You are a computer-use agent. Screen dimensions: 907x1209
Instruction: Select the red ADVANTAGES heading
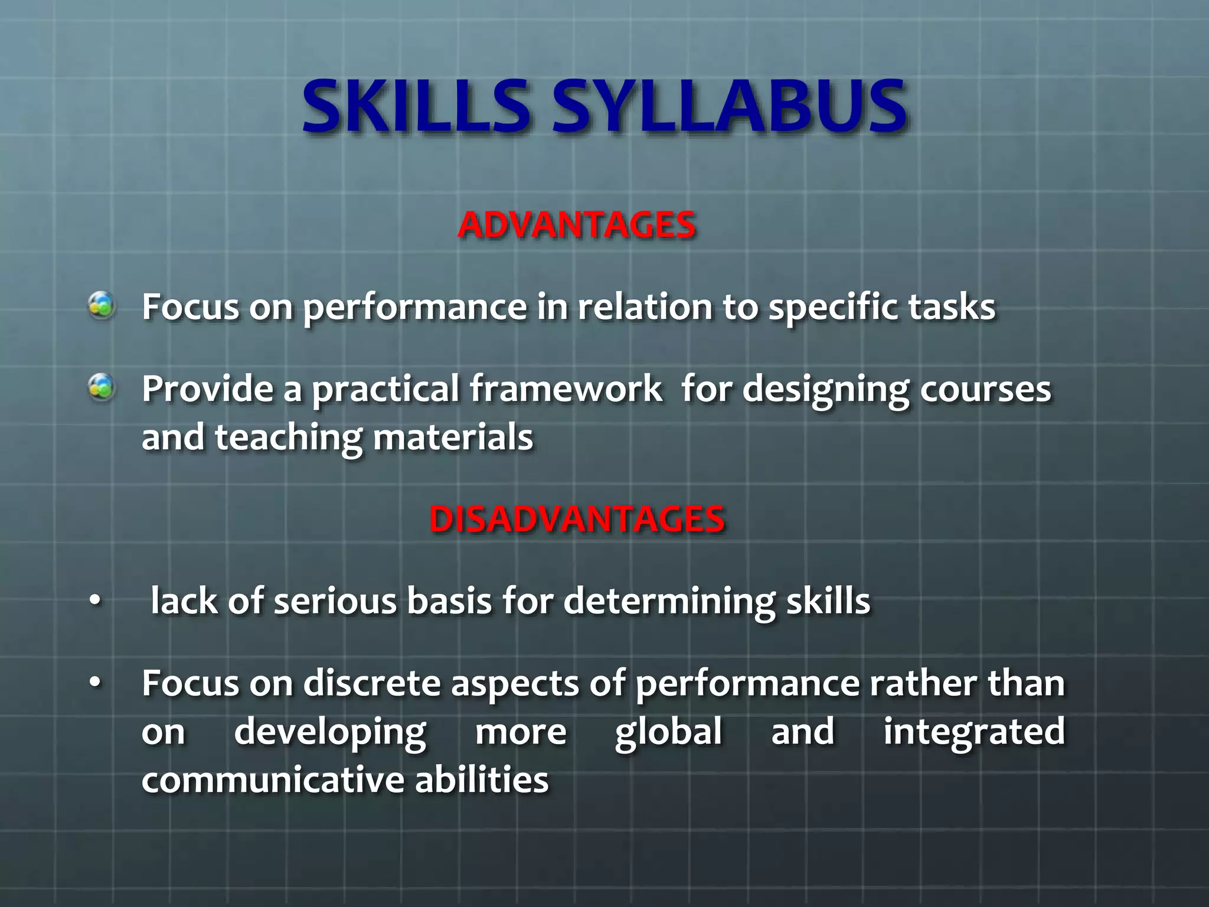point(577,225)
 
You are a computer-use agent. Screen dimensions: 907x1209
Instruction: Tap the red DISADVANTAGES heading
point(577,519)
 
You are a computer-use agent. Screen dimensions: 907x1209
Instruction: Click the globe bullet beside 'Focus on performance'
point(102,306)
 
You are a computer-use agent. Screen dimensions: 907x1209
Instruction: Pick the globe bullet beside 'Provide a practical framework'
point(102,388)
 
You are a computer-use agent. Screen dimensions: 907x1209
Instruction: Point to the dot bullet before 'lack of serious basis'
point(95,601)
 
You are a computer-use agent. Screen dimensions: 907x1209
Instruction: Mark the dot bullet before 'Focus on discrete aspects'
point(95,683)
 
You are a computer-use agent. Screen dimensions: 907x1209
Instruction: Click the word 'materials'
point(453,438)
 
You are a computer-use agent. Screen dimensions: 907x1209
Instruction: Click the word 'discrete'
point(372,683)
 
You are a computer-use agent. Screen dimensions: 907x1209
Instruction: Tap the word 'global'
point(668,732)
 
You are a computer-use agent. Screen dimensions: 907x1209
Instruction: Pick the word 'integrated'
point(974,732)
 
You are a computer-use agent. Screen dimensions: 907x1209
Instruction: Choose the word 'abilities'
point(482,779)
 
